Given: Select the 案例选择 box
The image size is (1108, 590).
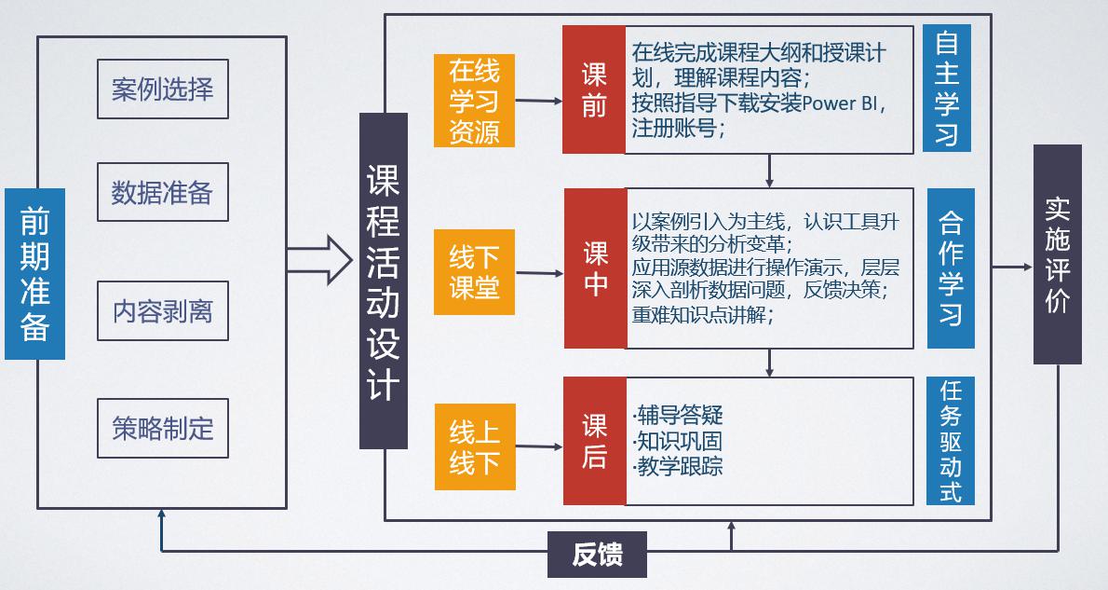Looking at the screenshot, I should pos(162,90).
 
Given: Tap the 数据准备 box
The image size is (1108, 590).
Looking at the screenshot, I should pos(162,192).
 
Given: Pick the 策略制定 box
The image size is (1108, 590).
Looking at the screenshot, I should pos(162,429).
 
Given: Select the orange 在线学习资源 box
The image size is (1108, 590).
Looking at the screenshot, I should pos(474,101).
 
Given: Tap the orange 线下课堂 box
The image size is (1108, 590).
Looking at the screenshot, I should pos(474,272).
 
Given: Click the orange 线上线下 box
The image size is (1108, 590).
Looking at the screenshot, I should pos(474,446).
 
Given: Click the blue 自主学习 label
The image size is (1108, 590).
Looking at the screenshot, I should pos(946,88).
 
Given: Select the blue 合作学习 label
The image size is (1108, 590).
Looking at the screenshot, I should pos(950,268).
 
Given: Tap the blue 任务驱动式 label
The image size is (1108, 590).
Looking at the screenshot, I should pos(950,441).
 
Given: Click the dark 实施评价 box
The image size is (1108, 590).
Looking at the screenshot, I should pos(1057,254).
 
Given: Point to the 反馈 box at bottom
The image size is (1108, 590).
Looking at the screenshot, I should pos(596,556).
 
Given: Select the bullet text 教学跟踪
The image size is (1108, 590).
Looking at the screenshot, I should pos(680,466).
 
